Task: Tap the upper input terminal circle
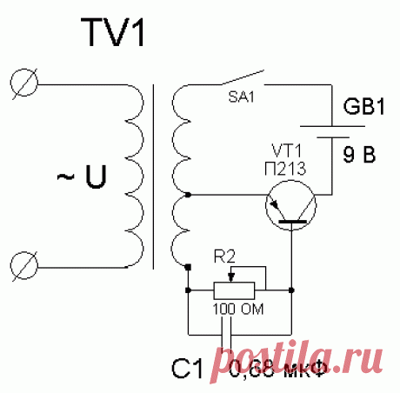coord(25,83)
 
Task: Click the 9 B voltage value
coord(359,157)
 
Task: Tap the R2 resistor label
coord(224,256)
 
